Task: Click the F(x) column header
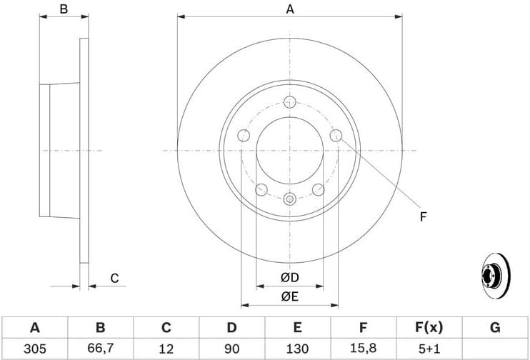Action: click(429, 328)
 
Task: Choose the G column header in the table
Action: click(494, 328)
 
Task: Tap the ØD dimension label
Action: click(289, 277)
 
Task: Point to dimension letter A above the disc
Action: click(290, 9)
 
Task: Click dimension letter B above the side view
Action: click(64, 9)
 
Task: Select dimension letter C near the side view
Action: click(114, 278)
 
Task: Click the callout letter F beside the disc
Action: click(423, 216)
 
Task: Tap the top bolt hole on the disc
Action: click(289, 101)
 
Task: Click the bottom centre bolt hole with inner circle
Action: click(289, 199)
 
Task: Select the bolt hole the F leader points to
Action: click(336, 136)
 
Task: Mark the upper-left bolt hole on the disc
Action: click(243, 136)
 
